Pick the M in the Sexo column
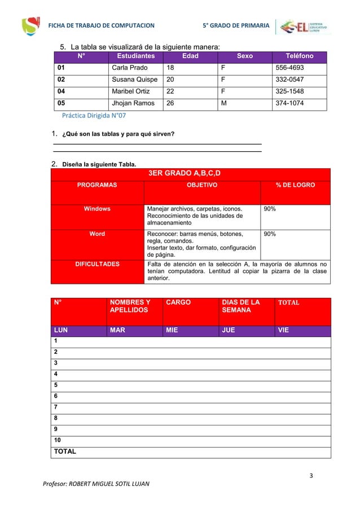pyautogui.click(x=225, y=104)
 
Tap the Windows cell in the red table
pyautogui.click(x=97, y=209)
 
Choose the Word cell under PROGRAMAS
pyautogui.click(x=97, y=234)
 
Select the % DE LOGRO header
pyautogui.click(x=295, y=185)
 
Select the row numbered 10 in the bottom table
pyautogui.click(x=58, y=440)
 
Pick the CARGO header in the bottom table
pyautogui.click(x=178, y=302)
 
